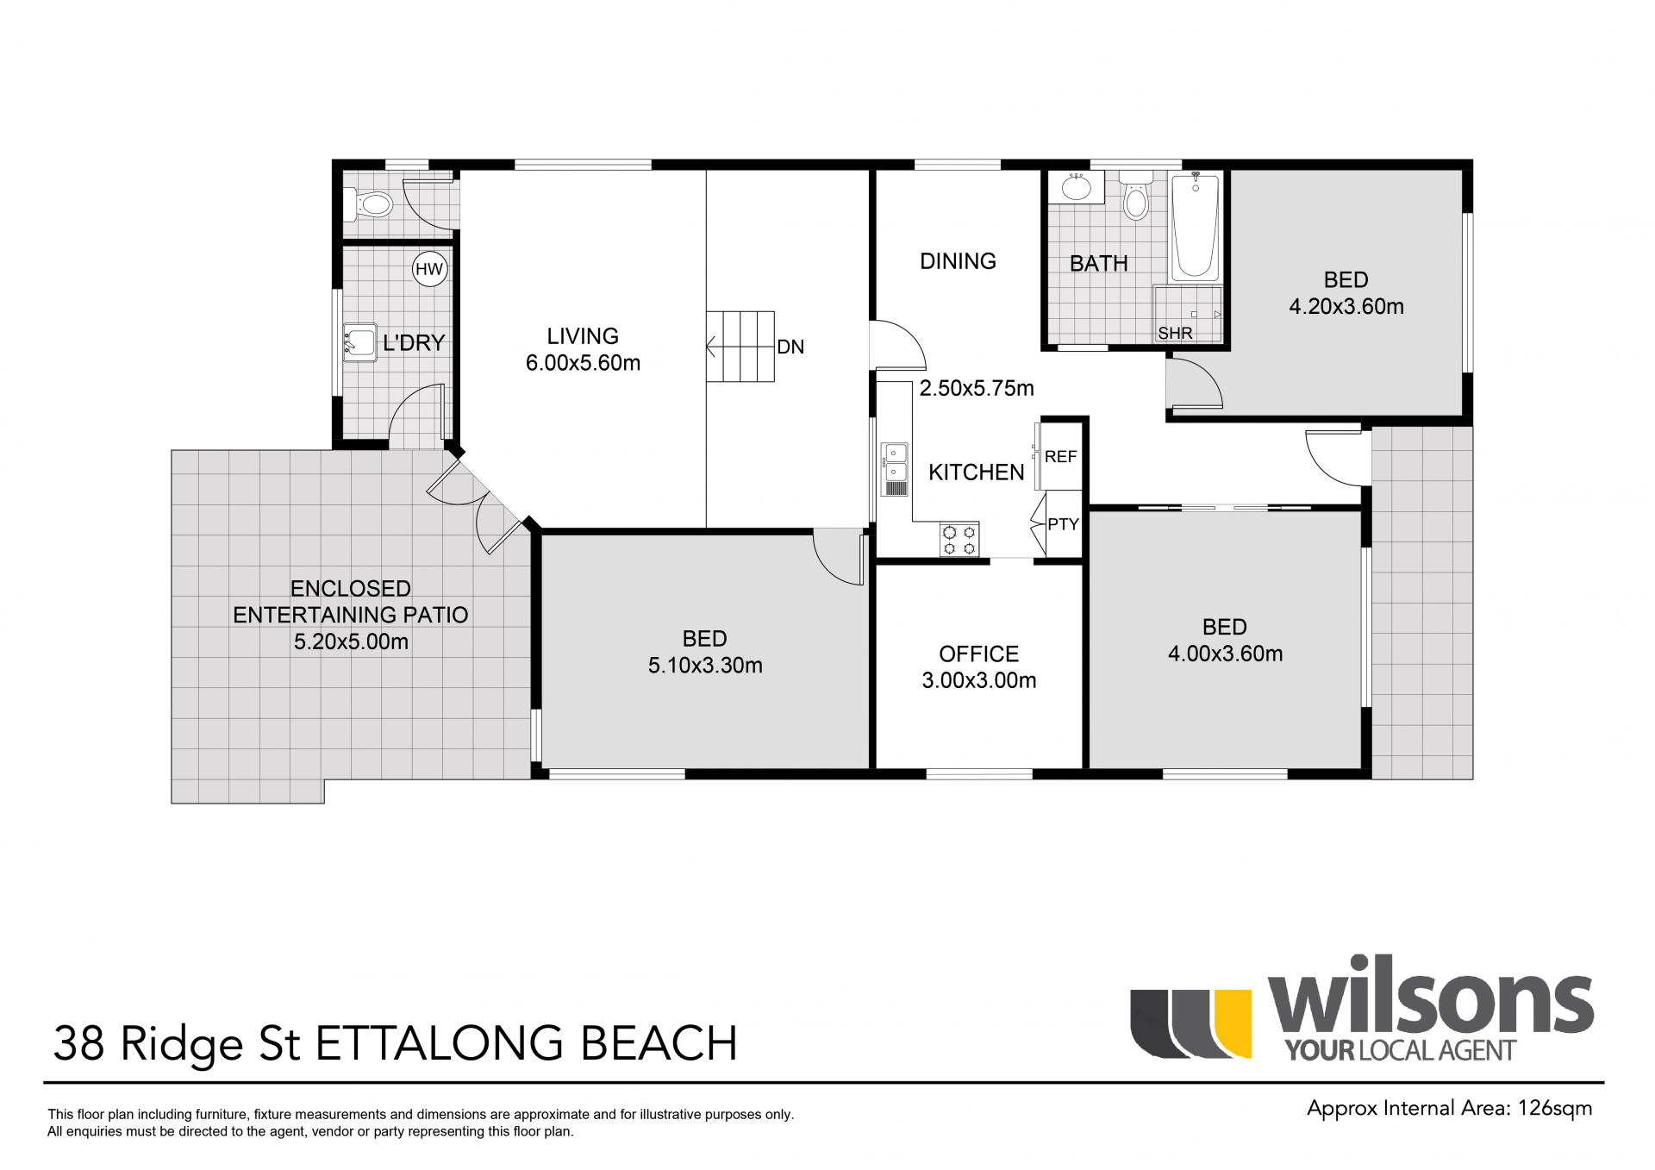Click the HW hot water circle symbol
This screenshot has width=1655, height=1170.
click(x=429, y=269)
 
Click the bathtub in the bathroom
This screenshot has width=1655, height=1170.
click(x=1196, y=226)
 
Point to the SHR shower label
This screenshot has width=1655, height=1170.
click(x=1175, y=333)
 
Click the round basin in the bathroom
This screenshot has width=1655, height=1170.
click(x=1075, y=187)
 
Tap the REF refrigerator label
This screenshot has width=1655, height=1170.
click(x=1060, y=457)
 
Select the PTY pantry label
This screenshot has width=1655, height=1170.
click(x=1063, y=524)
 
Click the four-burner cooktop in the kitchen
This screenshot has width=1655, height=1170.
click(x=959, y=540)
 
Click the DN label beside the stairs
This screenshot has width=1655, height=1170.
click(x=790, y=347)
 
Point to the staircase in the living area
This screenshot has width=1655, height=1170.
click(x=740, y=347)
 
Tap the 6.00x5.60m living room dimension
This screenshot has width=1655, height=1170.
click(x=583, y=363)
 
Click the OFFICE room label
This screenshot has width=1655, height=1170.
click(x=978, y=654)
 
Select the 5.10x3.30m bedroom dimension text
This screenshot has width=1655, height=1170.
click(x=705, y=665)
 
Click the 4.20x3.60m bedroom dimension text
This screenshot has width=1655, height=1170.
click(x=1346, y=306)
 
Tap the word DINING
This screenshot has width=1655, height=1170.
click(x=958, y=261)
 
